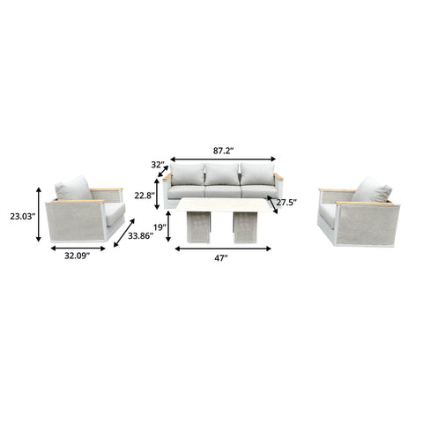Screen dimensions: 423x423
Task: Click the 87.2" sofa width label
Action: click(x=223, y=151)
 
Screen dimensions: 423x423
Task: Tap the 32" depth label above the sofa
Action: click(x=159, y=165)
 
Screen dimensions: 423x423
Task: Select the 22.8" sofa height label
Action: click(x=145, y=195)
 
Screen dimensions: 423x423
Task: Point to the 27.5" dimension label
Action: click(x=286, y=202)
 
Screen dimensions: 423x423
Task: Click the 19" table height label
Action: click(x=160, y=226)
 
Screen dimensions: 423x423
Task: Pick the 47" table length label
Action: click(x=221, y=258)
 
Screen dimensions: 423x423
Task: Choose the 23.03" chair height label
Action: click(x=23, y=217)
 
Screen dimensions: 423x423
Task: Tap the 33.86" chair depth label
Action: click(x=140, y=235)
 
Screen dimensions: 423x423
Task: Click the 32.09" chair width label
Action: click(x=77, y=256)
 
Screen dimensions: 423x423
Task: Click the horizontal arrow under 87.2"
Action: click(x=223, y=160)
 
